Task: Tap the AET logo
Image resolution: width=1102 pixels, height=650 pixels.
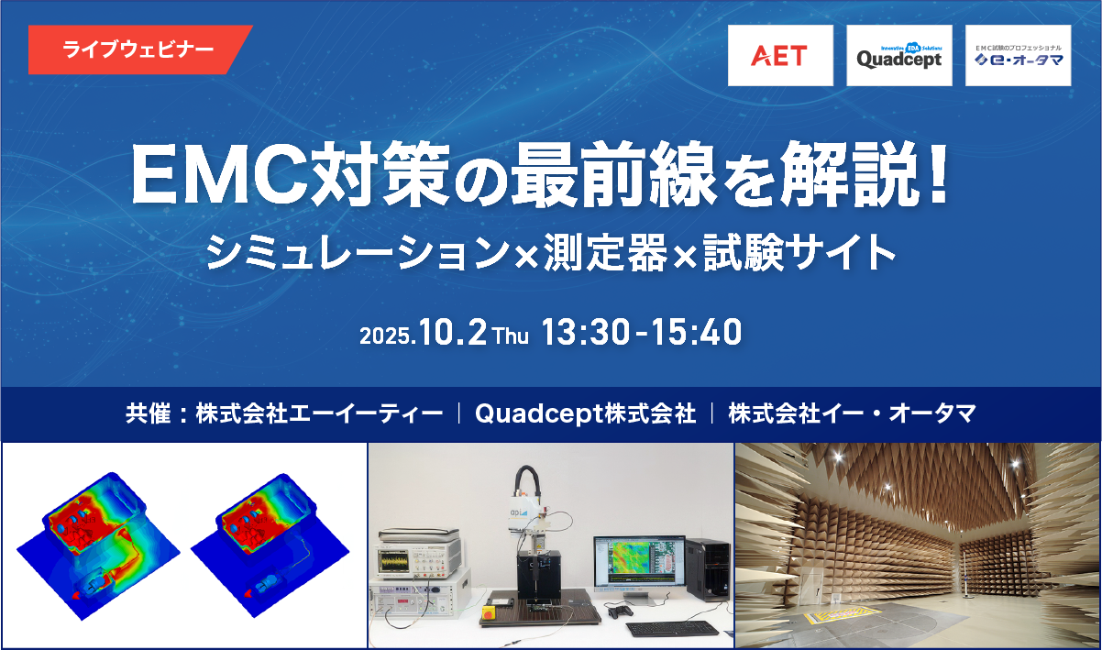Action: click(780, 56)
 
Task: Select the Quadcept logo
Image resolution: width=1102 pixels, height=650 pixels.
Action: click(899, 56)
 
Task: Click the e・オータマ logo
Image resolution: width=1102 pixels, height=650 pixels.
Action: click(1018, 56)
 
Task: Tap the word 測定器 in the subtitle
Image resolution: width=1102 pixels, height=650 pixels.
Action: click(605, 252)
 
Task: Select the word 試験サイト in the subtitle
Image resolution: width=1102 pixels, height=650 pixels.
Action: click(799, 252)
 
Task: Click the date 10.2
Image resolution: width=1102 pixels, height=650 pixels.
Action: click(453, 332)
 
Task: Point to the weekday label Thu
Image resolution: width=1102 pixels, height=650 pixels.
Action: click(512, 336)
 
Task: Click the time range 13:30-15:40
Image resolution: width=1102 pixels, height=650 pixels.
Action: click(642, 332)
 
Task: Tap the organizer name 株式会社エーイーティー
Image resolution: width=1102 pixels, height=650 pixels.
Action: click(320, 413)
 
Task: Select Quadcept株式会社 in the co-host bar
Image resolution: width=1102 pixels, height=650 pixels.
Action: click(586, 413)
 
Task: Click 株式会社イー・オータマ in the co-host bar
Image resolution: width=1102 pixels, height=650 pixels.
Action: click(852, 413)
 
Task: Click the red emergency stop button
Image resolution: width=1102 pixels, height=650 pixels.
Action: click(489, 612)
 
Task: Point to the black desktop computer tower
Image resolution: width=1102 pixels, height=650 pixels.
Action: click(708, 570)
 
